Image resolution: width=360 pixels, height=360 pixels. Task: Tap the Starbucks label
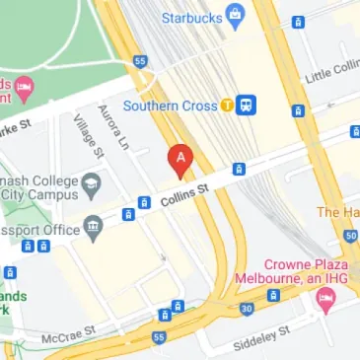tap(185, 16)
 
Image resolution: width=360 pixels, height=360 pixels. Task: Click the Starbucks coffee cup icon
tap(235, 15)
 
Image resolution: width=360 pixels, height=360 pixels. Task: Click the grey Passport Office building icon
tap(94, 228)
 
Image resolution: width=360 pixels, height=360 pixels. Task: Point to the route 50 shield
tap(352, 234)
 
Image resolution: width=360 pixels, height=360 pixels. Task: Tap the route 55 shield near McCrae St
tap(160, 338)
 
